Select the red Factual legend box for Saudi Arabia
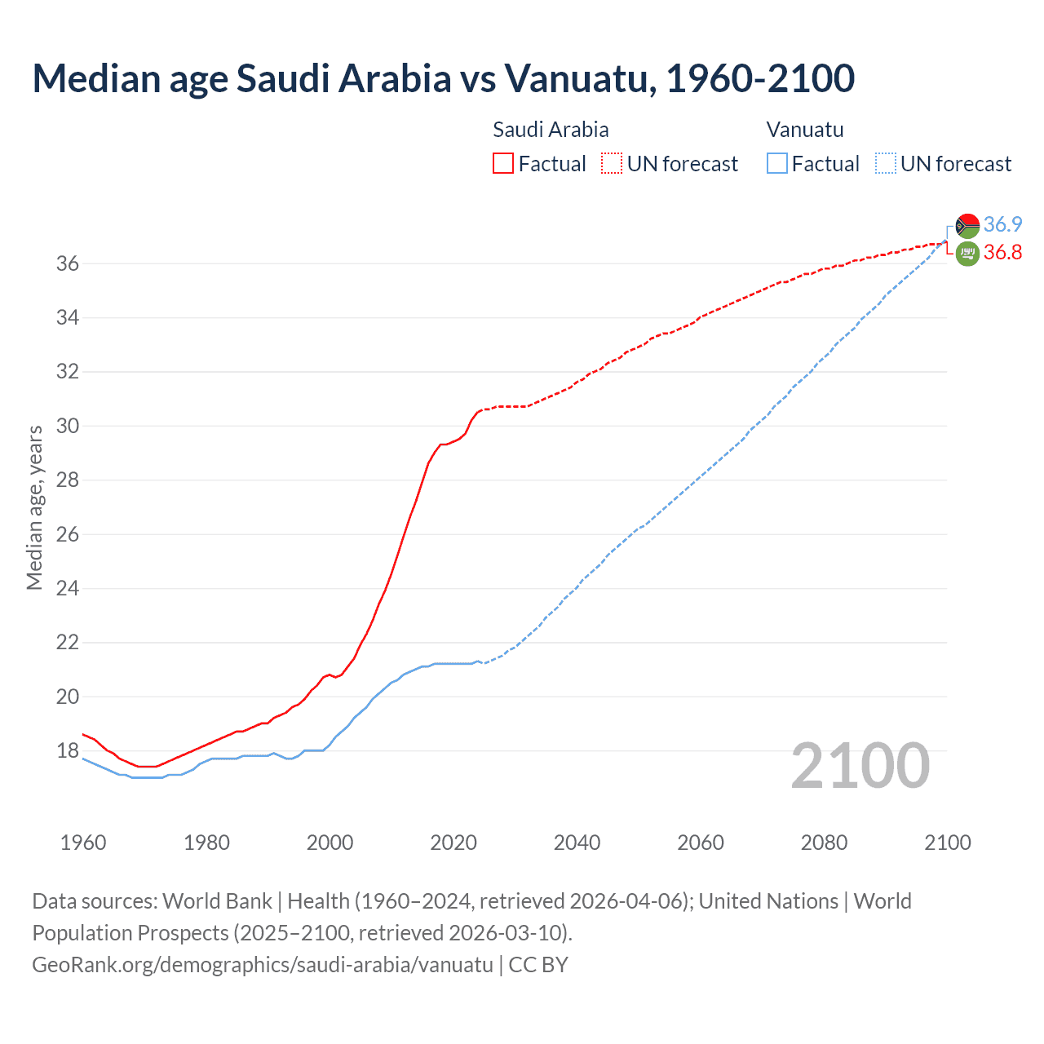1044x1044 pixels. (503, 163)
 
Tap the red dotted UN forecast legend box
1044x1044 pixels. (612, 163)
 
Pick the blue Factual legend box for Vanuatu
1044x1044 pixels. (776, 163)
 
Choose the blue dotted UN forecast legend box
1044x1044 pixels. (885, 163)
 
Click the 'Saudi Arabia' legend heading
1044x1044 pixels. (551, 130)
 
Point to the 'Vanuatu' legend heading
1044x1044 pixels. (805, 130)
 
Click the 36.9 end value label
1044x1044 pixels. (1002, 224)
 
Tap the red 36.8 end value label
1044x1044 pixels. (1002, 252)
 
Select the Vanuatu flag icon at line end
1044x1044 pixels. (967, 225)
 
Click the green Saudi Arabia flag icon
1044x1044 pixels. (967, 254)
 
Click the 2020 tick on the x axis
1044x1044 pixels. (453, 843)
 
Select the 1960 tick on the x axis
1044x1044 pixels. (83, 843)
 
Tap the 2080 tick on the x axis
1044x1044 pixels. (824, 843)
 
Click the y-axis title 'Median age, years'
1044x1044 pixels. (34, 507)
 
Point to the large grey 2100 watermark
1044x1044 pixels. (860, 766)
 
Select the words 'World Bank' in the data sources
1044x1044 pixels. (217, 901)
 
